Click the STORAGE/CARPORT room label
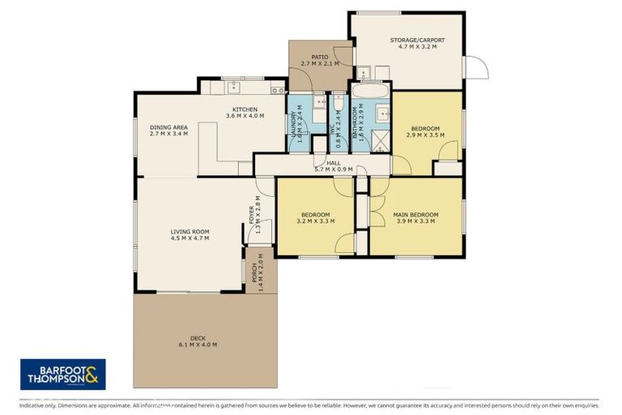pyautogui.click(x=417, y=40)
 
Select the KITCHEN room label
pyautogui.click(x=245, y=109)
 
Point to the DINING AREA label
pyautogui.click(x=168, y=126)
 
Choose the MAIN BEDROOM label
pyautogui.click(x=415, y=215)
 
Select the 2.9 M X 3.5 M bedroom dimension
pyautogui.click(x=425, y=135)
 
